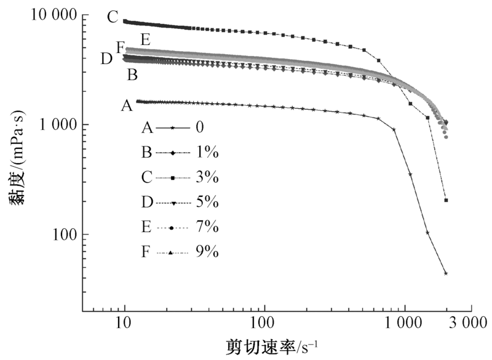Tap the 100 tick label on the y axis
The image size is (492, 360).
click(64, 234)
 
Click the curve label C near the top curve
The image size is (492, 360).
click(112, 17)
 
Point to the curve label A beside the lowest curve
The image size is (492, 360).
click(126, 106)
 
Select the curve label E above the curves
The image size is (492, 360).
click(145, 40)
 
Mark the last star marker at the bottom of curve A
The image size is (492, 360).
click(445, 273)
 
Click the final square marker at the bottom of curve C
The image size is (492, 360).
click(446, 200)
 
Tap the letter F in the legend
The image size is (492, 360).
click(146, 252)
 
